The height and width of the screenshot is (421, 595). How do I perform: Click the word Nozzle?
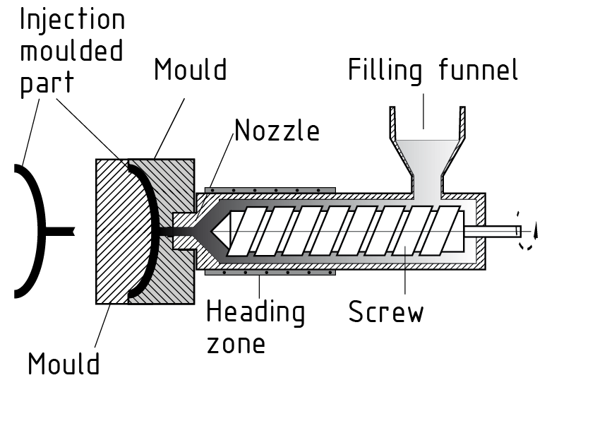coord(277,131)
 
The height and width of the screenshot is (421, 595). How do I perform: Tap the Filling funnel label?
coord(433,71)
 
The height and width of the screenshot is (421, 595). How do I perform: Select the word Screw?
coord(385,312)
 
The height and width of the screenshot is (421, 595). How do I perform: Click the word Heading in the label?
coord(256,312)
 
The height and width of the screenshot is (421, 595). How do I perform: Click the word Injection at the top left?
coord(72,19)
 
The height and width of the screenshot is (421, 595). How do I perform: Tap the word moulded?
coord(71,51)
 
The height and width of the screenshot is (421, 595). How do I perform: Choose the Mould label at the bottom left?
coord(64,364)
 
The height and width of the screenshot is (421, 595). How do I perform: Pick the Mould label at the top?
coord(190,70)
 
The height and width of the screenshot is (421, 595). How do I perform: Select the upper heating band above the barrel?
coord(270,190)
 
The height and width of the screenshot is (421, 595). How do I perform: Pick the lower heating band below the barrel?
coord(270,272)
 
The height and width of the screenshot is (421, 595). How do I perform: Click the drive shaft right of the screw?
coord(493,230)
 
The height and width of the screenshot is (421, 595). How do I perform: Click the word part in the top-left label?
coord(47,84)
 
